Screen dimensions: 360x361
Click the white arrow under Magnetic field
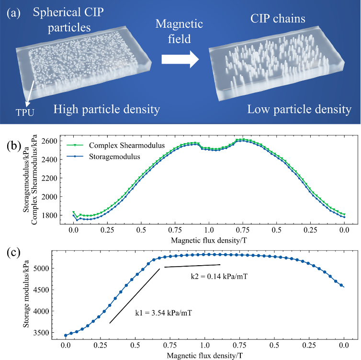[x=180, y=58]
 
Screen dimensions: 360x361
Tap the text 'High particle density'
[x=106, y=110]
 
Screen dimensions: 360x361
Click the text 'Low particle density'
[x=299, y=110]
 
